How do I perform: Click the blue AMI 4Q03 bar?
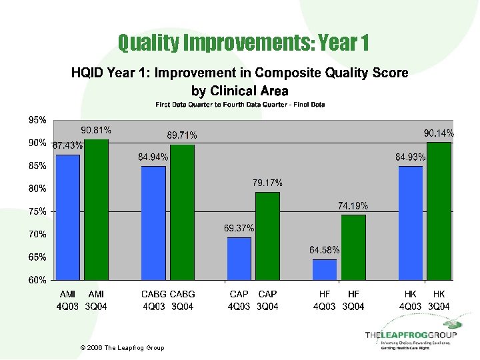[x=68, y=217]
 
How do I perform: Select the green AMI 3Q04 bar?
[x=97, y=209]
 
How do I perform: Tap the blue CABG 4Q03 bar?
[x=153, y=223]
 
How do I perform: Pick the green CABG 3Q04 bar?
[x=182, y=212]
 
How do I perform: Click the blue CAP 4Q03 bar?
[x=239, y=258]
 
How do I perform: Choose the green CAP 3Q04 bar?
[x=267, y=236]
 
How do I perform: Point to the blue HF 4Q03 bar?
[x=325, y=269]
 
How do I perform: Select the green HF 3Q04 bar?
[x=353, y=247]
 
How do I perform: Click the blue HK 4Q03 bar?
[x=410, y=223]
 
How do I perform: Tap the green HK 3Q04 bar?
[x=439, y=211]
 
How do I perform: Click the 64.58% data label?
[x=325, y=250]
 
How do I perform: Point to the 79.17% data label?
[x=267, y=182]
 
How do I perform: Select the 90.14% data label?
[x=439, y=133]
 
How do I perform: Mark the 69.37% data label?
[x=239, y=228]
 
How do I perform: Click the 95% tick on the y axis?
[x=37, y=121]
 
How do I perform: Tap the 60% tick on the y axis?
[x=37, y=280]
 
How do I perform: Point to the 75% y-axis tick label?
[x=37, y=211]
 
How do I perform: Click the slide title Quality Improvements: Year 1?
[x=243, y=43]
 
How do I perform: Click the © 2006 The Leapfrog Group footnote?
[x=121, y=348]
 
